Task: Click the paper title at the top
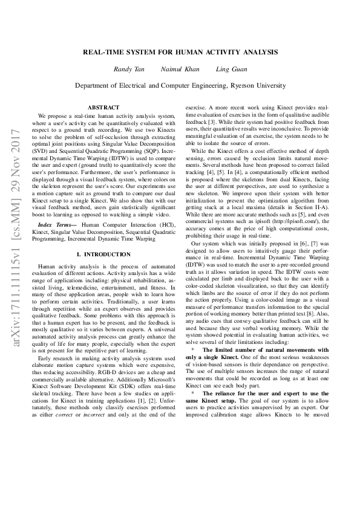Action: point(180,52)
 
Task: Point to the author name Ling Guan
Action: point(231,70)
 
